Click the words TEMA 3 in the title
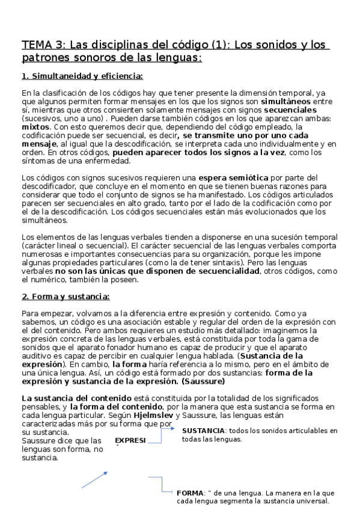click(43, 45)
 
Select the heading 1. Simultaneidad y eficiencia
click(82, 76)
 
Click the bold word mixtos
click(35, 127)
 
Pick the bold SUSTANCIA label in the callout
click(203, 431)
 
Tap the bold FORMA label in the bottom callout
click(190, 493)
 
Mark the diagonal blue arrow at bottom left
click(94, 479)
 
